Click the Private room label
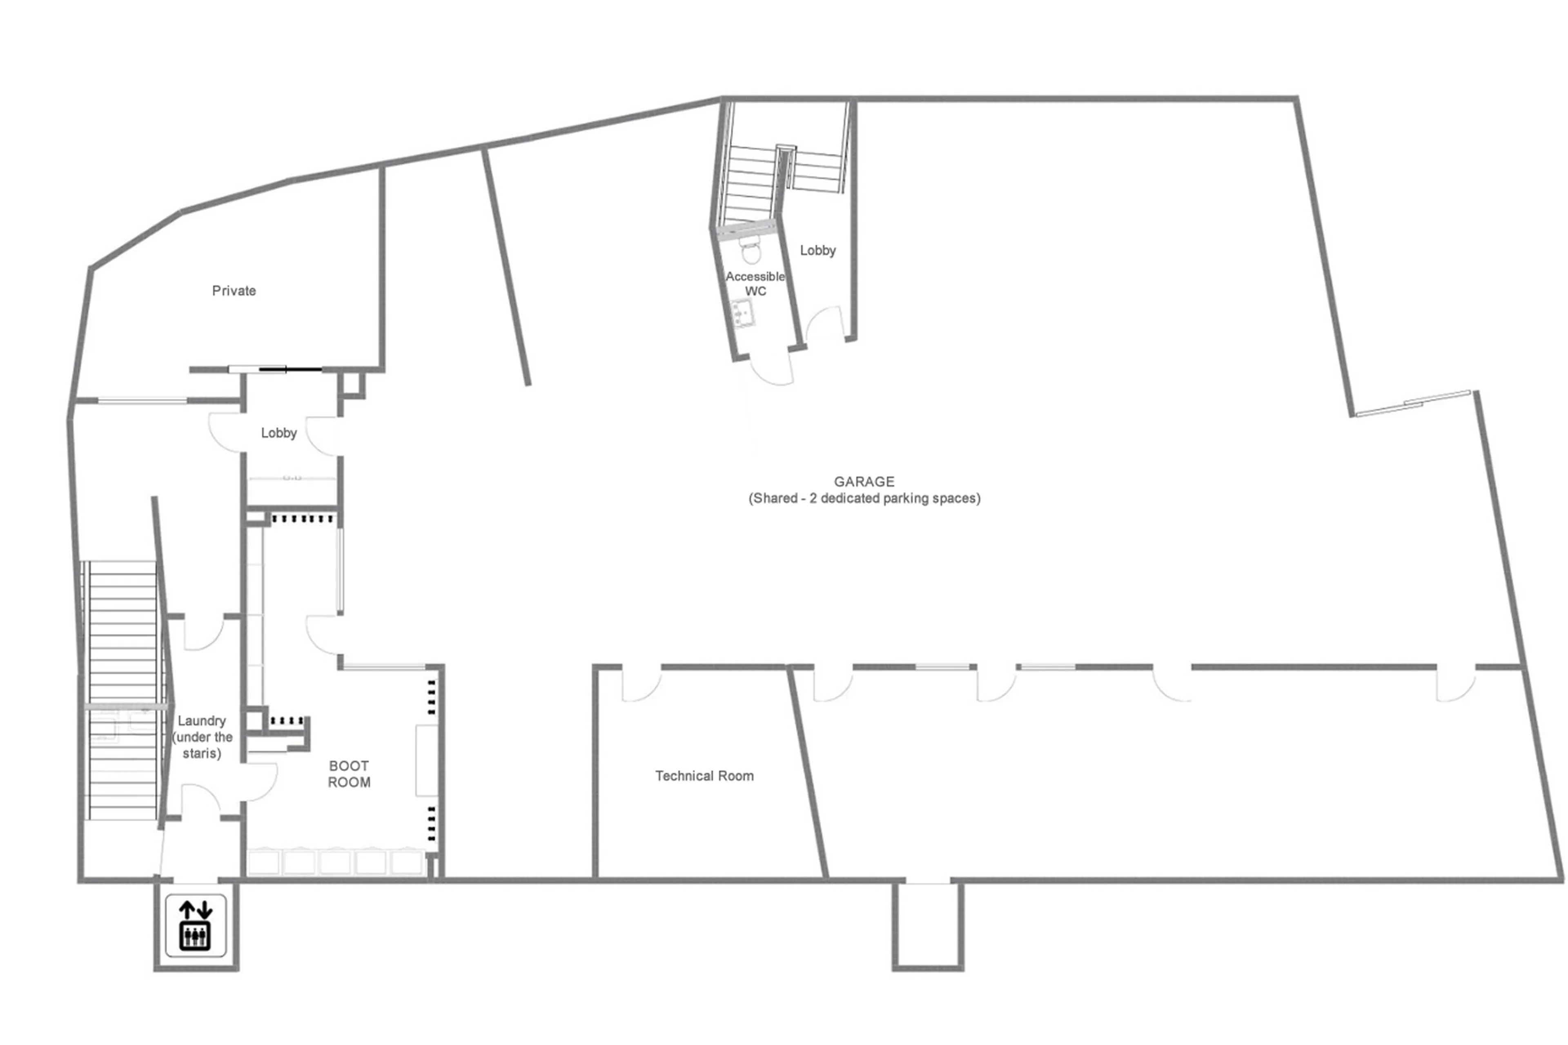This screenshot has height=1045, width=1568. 234,291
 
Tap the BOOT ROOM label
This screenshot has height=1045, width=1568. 349,774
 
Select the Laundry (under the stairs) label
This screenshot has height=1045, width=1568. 201,736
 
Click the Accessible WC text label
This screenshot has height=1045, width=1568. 755,283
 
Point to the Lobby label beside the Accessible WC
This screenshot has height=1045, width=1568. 817,251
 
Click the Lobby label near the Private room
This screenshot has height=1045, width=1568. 278,433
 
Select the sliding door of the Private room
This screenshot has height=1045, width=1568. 275,369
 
